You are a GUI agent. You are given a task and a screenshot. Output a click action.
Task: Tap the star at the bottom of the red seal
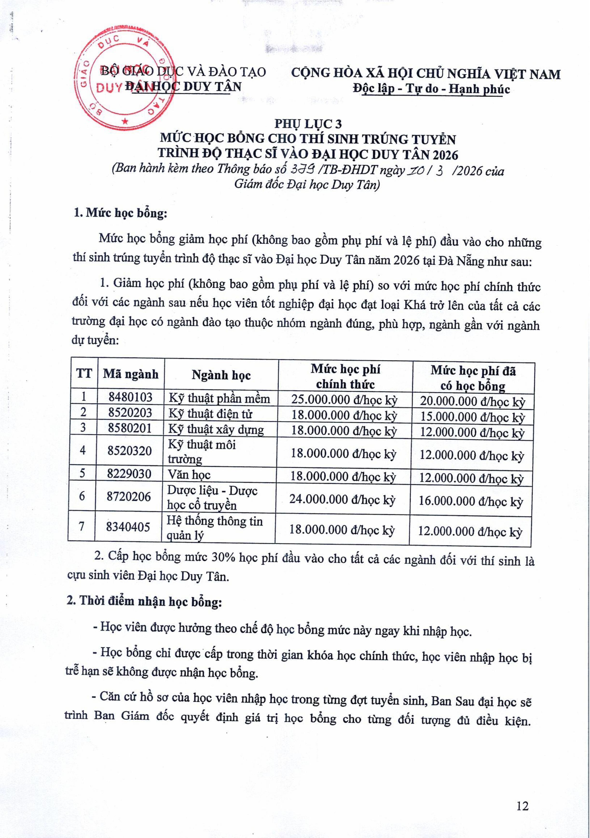click(x=125, y=120)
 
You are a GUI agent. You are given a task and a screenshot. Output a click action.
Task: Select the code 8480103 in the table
click(x=130, y=397)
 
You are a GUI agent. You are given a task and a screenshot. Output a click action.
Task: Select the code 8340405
click(x=128, y=527)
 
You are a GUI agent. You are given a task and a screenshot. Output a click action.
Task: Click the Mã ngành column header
click(x=130, y=374)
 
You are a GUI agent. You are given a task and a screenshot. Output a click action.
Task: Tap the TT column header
click(x=84, y=373)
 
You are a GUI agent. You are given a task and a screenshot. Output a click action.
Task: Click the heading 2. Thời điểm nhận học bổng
click(x=144, y=601)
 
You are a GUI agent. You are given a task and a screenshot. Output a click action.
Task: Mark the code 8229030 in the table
click(x=129, y=474)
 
